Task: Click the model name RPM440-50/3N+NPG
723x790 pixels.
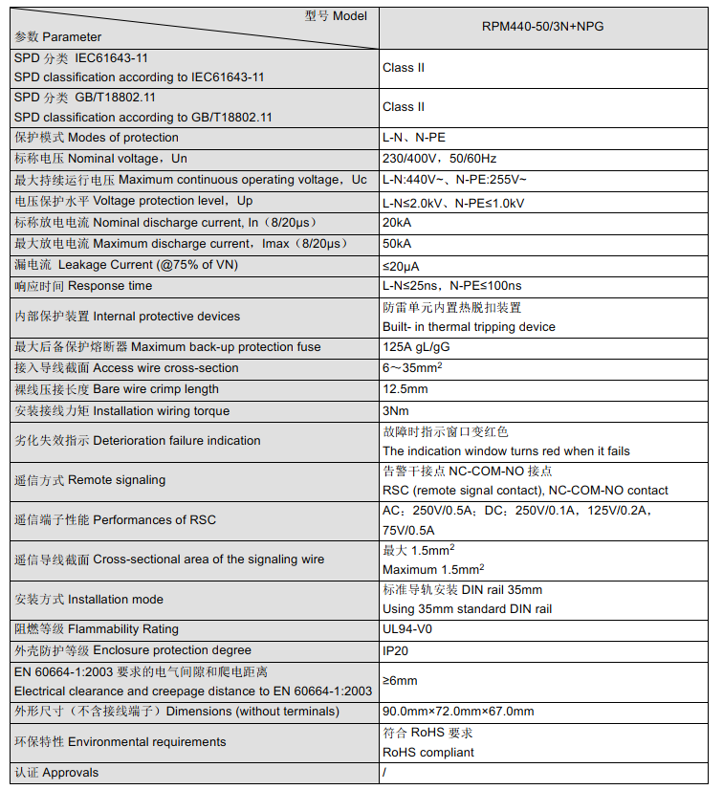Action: click(542, 28)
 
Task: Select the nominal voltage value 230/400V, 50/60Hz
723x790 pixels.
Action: click(439, 159)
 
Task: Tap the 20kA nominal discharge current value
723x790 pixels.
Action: click(397, 222)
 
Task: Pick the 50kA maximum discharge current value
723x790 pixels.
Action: click(397, 243)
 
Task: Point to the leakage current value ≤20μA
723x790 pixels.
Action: click(401, 265)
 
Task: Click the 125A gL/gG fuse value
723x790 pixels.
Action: click(416, 347)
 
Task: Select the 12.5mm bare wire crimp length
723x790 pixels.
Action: click(405, 389)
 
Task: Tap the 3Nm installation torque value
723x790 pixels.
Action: click(395, 411)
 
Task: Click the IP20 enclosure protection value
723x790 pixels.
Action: click(395, 650)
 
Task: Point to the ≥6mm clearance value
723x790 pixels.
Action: click(400, 680)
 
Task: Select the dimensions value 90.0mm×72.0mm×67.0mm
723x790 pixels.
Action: click(458, 712)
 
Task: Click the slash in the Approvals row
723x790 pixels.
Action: click(384, 773)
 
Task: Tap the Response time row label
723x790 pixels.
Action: click(83, 286)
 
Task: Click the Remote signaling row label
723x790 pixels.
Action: click(90, 480)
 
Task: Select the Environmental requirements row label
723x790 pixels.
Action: click(120, 742)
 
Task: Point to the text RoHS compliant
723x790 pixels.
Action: click(427, 753)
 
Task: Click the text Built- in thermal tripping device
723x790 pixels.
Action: click(469, 327)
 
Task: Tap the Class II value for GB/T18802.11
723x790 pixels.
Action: click(404, 107)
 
